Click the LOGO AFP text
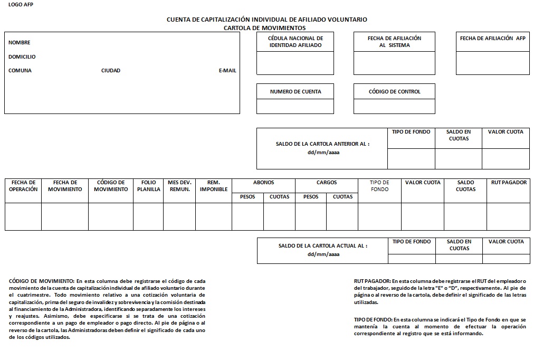(20, 5)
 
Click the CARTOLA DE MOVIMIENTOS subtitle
(264, 28)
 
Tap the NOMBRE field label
(20, 43)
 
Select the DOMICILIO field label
(22, 56)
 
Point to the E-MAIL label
(227, 71)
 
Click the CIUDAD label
(111, 71)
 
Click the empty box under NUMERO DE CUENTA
(295, 106)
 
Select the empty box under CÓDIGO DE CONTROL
(394, 106)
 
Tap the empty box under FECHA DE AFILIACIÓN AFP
(492, 63)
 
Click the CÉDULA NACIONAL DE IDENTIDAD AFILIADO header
(296, 42)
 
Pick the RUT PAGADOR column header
(509, 183)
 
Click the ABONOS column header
(263, 183)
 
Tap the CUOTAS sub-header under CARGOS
(342, 197)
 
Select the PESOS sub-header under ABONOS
(247, 197)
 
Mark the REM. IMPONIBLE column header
(214, 186)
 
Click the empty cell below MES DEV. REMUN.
(179, 216)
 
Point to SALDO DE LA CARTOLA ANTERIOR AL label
(322, 144)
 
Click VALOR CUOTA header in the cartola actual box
(506, 242)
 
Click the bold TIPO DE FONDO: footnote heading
(373, 320)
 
